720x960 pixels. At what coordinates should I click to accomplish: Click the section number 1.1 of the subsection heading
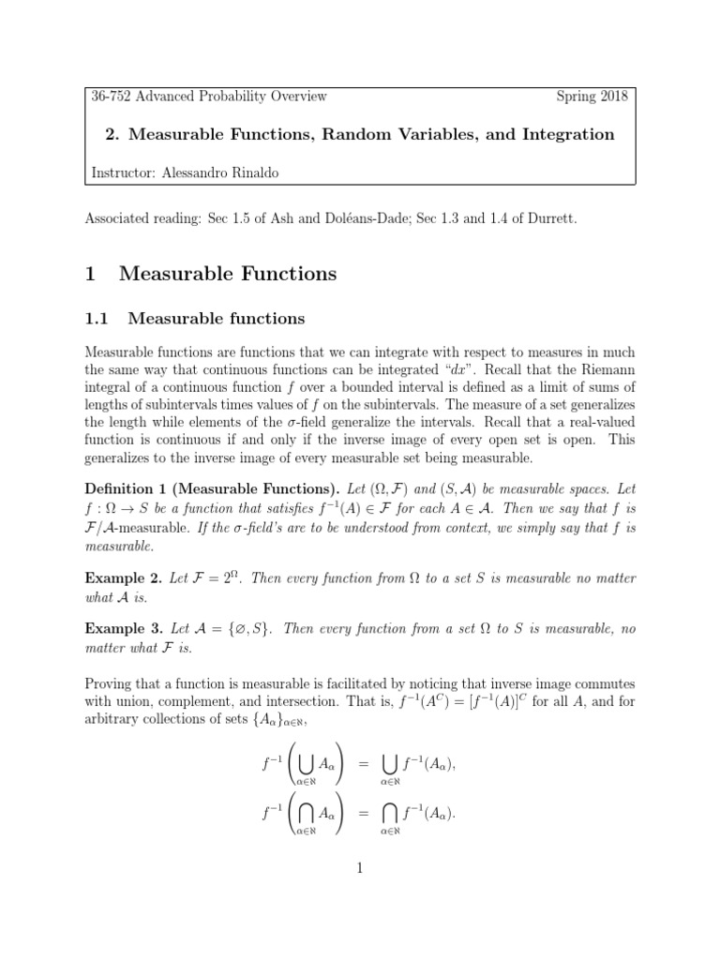(x=97, y=319)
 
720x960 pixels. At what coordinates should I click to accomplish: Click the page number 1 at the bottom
(x=360, y=868)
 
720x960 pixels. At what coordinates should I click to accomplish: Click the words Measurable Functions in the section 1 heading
(x=228, y=274)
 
